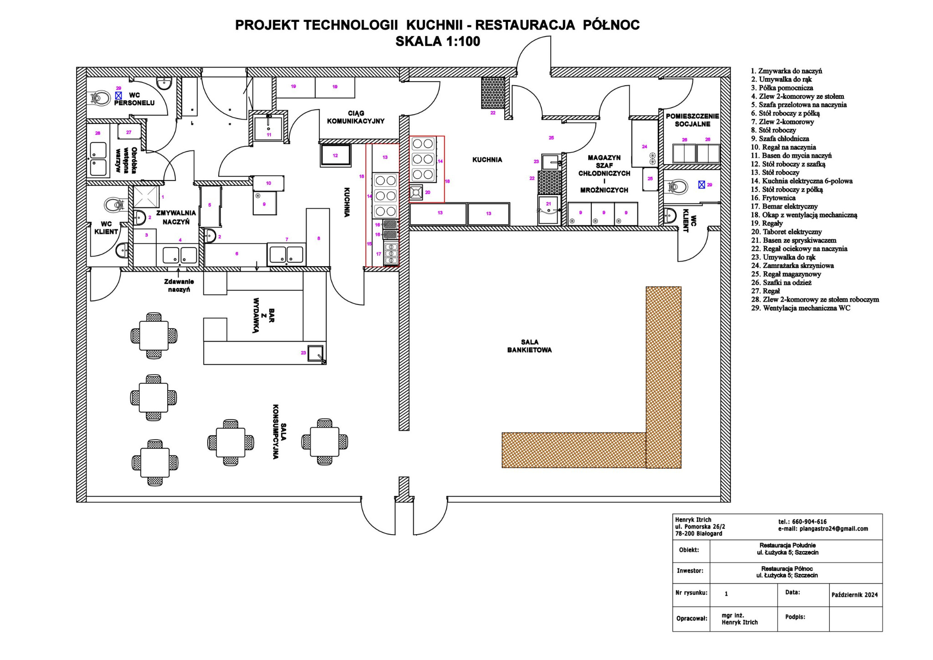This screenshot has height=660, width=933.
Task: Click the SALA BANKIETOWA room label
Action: (529, 346)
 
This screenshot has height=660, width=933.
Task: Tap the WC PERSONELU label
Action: (134, 99)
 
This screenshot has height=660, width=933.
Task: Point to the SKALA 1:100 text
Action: (437, 41)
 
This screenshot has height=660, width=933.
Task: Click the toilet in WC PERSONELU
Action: (101, 98)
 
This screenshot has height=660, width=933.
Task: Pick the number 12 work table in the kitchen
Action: (335, 155)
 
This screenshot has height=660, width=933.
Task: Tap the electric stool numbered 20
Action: (416, 191)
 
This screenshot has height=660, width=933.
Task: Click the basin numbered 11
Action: (268, 128)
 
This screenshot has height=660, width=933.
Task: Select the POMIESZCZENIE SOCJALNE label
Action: (692, 120)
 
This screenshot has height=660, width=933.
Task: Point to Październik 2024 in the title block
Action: (854, 595)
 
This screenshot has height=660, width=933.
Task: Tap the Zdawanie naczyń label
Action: (179, 285)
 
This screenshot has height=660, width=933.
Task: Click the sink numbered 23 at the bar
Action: (315, 353)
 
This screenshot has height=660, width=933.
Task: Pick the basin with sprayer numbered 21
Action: (548, 210)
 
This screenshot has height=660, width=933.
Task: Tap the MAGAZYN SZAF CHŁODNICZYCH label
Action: (604, 174)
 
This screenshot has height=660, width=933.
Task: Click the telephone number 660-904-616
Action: (802, 521)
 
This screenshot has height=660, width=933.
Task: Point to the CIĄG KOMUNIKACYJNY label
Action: (355, 117)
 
